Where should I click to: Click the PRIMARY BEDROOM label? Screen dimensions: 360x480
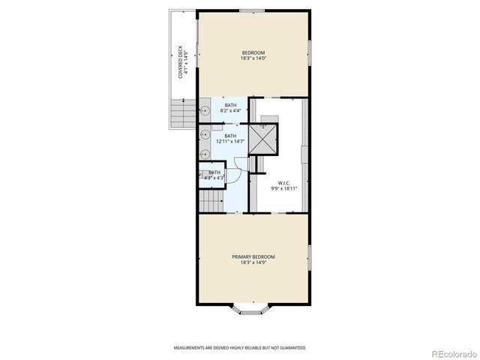coord(253,256)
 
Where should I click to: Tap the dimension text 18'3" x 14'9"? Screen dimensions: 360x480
coord(253,262)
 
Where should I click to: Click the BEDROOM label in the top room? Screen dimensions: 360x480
coord(253,52)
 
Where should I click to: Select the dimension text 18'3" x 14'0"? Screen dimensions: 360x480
coord(253,58)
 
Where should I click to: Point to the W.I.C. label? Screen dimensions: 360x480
coord(283,182)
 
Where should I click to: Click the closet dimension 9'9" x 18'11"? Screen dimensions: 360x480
coord(283,188)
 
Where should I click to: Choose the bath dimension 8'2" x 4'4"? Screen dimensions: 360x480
coord(229,111)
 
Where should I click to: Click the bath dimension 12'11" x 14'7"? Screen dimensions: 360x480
coord(230,141)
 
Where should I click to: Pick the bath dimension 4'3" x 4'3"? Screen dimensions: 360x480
coord(214,178)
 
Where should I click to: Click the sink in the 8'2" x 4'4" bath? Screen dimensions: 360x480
coord(204,110)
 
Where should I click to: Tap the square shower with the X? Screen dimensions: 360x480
coord(263,138)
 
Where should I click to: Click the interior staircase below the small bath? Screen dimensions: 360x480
coord(211,201)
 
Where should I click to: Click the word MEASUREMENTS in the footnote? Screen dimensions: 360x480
coord(191,348)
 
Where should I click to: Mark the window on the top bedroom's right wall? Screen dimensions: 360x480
coord(308,49)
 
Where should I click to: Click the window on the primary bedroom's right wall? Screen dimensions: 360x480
coord(308,257)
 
